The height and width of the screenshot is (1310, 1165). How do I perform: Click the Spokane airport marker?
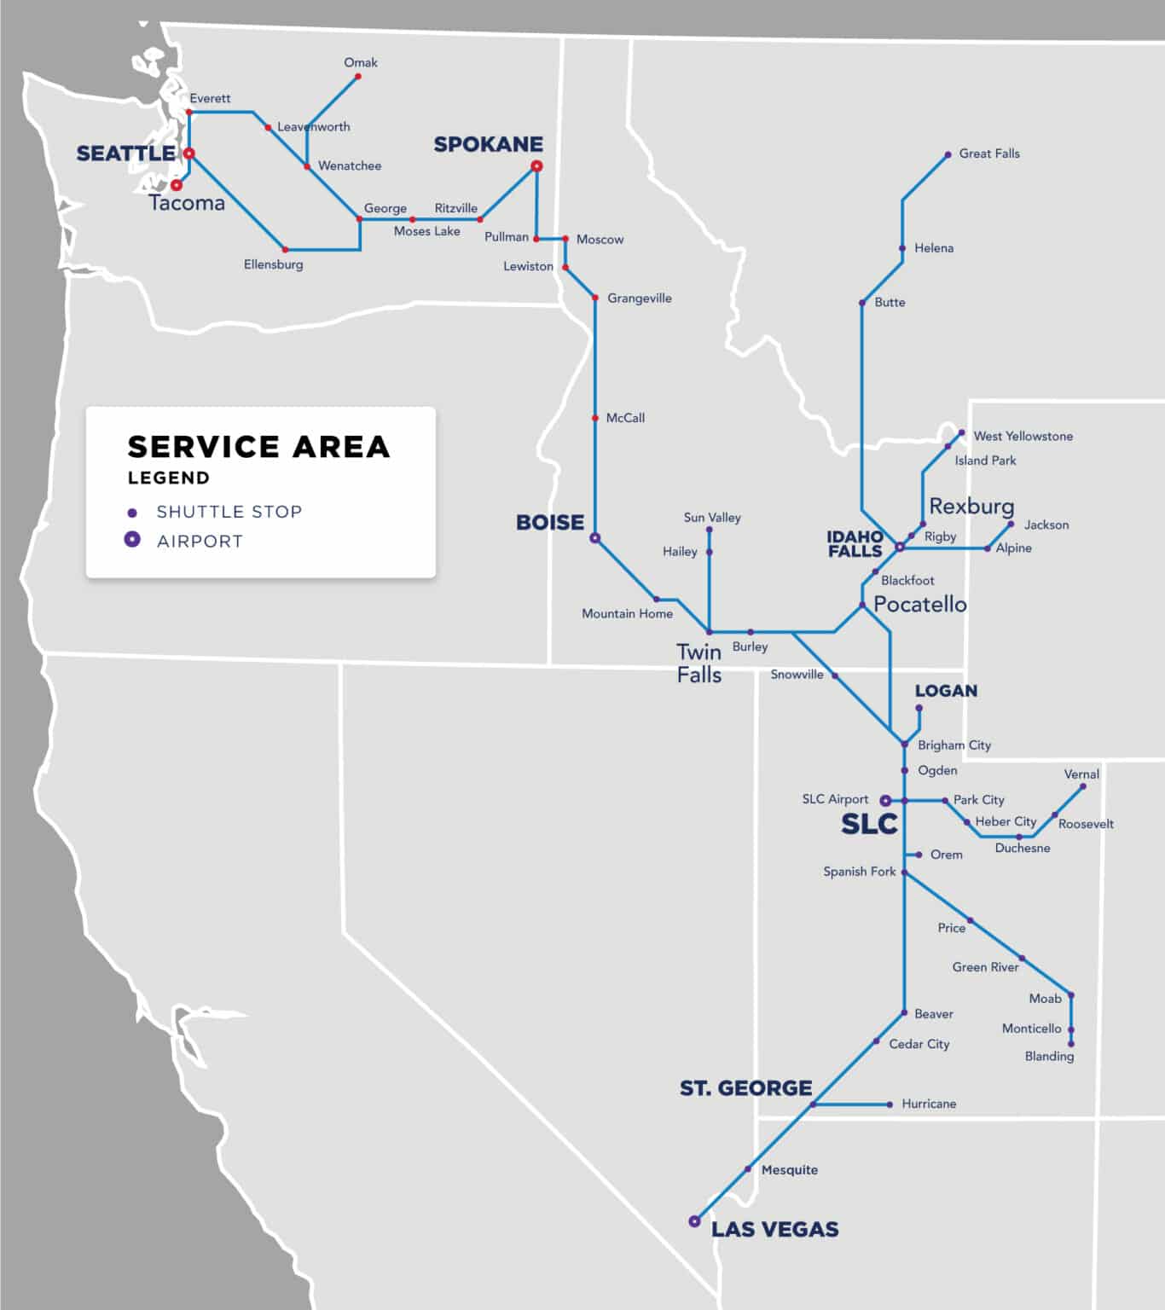tap(536, 166)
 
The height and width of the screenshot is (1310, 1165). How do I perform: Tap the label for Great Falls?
tap(988, 154)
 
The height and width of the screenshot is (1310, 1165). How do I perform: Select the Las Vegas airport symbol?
tap(694, 1221)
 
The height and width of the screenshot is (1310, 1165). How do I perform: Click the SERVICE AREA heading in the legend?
tap(258, 447)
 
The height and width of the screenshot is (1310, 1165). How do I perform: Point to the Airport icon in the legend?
tap(132, 539)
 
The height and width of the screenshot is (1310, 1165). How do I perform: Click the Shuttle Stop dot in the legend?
tap(132, 513)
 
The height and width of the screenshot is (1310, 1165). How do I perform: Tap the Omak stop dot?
tap(357, 77)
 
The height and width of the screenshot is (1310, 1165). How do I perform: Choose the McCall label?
tap(625, 418)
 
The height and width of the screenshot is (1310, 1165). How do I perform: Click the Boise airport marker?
tap(595, 538)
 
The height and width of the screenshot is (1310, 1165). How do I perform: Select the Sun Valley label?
tap(712, 518)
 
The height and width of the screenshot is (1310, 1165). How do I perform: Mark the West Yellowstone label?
tap(1023, 436)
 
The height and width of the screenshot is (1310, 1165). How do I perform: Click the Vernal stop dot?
tap(1083, 786)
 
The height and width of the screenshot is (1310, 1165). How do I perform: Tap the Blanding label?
tap(1049, 1056)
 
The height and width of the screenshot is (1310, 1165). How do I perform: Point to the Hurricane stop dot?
tap(890, 1104)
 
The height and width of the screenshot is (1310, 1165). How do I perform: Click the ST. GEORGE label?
tap(745, 1088)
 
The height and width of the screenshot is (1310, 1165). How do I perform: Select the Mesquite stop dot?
tap(748, 1169)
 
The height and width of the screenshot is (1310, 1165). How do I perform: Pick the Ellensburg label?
tap(273, 264)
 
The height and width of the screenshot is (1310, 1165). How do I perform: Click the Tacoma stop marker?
tap(177, 184)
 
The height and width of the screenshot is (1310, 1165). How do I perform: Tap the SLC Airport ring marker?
tap(885, 800)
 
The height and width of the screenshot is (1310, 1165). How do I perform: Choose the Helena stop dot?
tap(902, 248)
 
